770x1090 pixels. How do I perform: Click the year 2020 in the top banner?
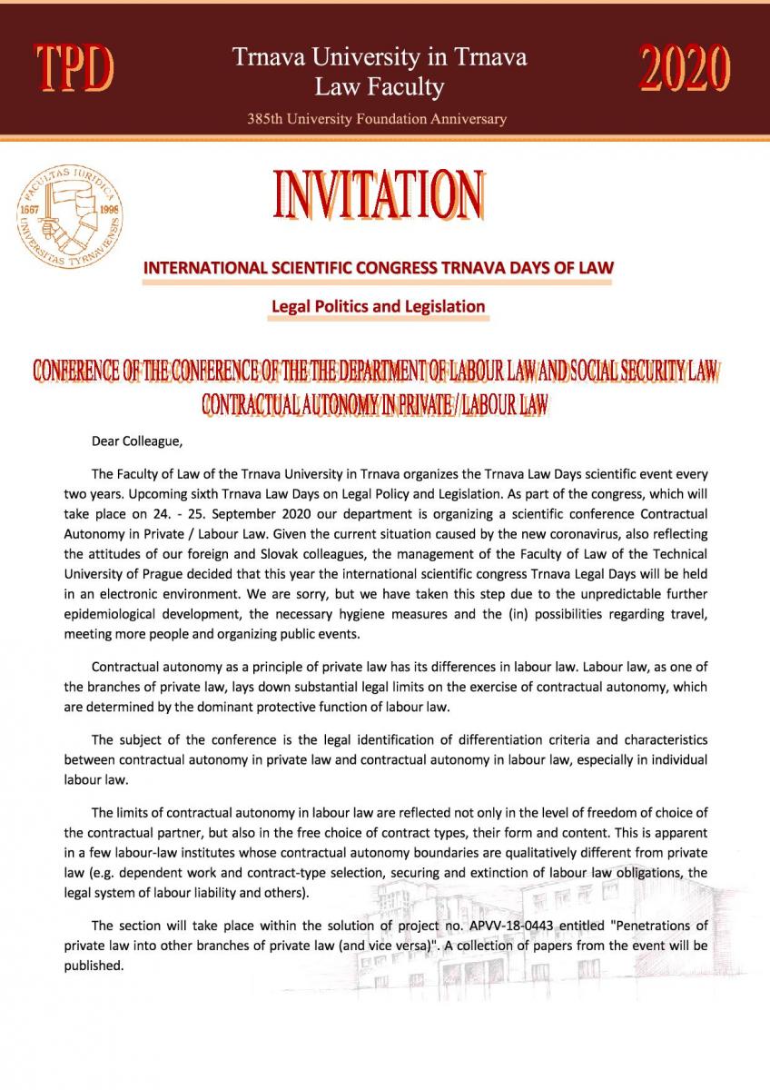pyautogui.click(x=686, y=68)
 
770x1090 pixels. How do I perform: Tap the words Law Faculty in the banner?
pyautogui.click(x=379, y=87)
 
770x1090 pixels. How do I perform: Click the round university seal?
pyautogui.click(x=69, y=216)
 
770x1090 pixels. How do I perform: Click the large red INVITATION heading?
pyautogui.click(x=378, y=193)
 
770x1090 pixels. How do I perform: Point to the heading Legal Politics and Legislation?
pyautogui.click(x=379, y=307)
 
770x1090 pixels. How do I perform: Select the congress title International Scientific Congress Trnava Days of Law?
pyautogui.click(x=379, y=268)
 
